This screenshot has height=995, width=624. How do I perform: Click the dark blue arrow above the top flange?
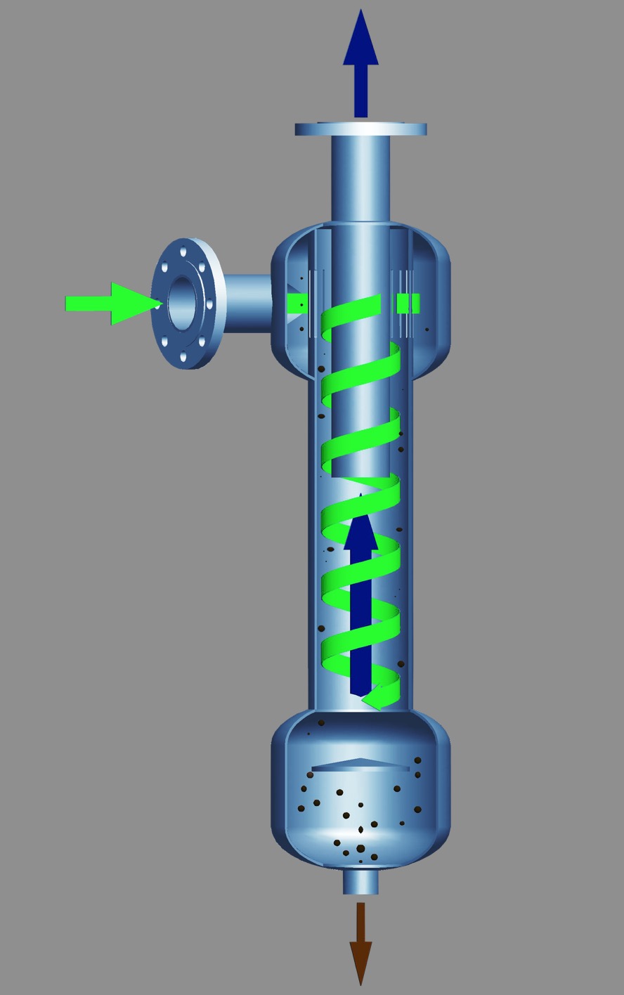pos(360,63)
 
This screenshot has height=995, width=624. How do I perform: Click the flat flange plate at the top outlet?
pos(360,129)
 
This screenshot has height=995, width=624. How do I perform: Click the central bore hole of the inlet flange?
pos(182,302)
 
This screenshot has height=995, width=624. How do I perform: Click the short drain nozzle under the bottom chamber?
pos(360,882)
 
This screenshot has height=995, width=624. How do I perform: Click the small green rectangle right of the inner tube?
pos(408,303)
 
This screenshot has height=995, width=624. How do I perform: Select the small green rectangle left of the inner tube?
pos(298,304)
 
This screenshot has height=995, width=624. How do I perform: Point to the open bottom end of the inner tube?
pos(360,476)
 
